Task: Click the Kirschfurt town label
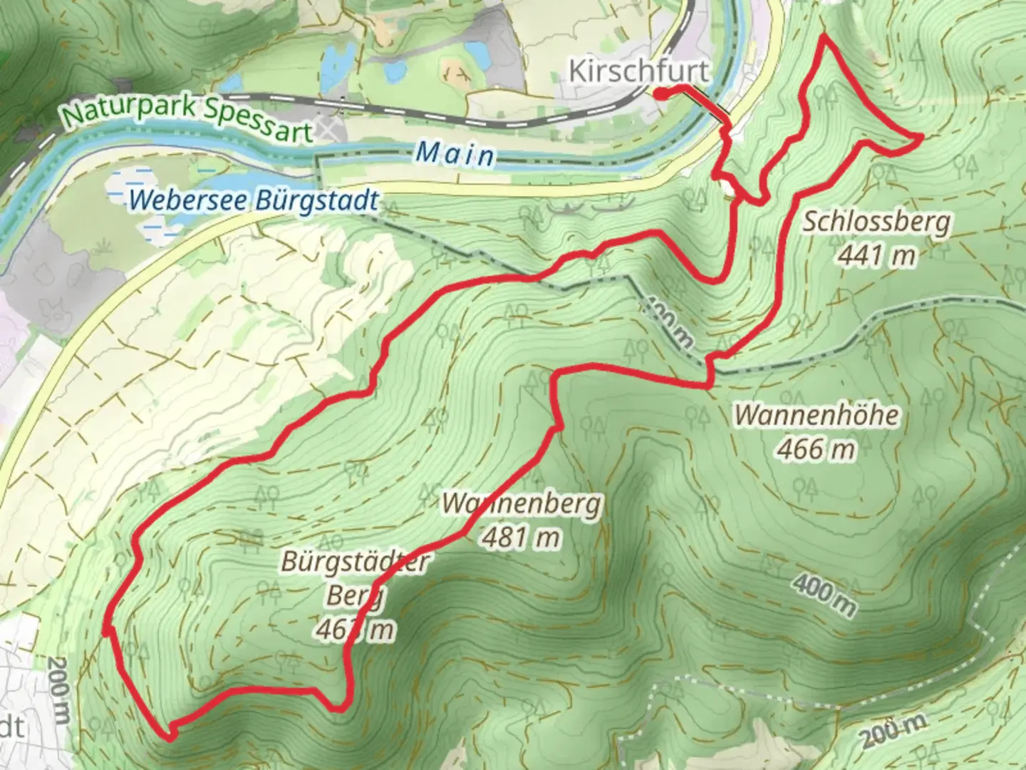point(639,71)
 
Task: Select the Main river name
point(455,153)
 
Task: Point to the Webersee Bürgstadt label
point(254,200)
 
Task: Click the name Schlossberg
point(876,222)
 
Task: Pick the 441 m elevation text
point(876,255)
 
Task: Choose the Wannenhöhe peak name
point(817,415)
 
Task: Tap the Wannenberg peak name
point(522,504)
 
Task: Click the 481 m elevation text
point(522,537)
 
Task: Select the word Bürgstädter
point(355,562)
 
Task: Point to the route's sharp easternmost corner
point(921,135)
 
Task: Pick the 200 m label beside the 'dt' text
point(59,689)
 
